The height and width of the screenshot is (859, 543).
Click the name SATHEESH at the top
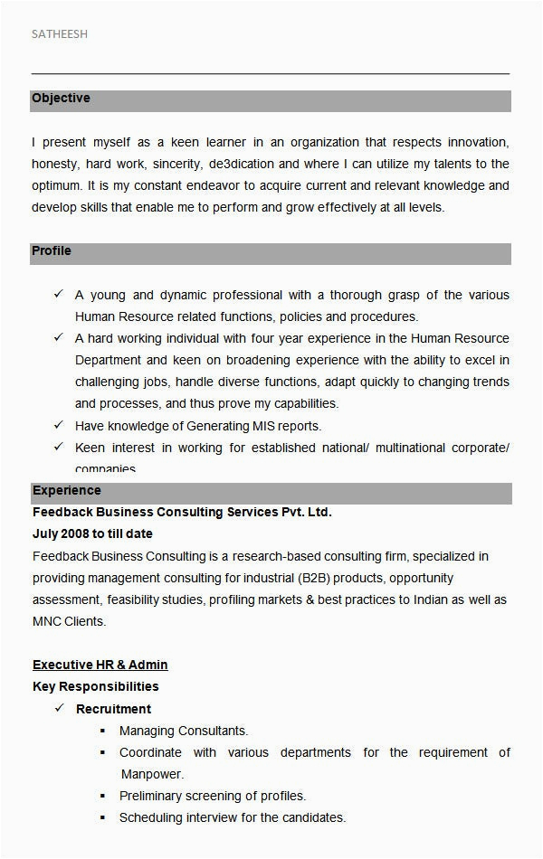(x=60, y=34)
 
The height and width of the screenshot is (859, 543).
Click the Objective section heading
(x=61, y=99)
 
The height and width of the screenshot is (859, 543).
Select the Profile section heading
(x=52, y=250)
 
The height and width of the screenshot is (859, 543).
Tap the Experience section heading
(x=67, y=491)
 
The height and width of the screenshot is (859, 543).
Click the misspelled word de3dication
(x=241, y=164)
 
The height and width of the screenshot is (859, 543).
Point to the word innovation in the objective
(x=478, y=142)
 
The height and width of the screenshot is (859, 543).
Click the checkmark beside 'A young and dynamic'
(x=58, y=295)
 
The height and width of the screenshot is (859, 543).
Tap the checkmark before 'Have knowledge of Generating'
(x=58, y=425)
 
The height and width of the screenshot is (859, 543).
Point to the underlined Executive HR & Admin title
(x=100, y=665)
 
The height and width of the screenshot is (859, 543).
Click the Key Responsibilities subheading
(x=96, y=686)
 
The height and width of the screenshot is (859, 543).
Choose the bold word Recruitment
(x=113, y=709)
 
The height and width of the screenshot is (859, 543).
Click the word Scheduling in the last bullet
(x=150, y=817)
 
